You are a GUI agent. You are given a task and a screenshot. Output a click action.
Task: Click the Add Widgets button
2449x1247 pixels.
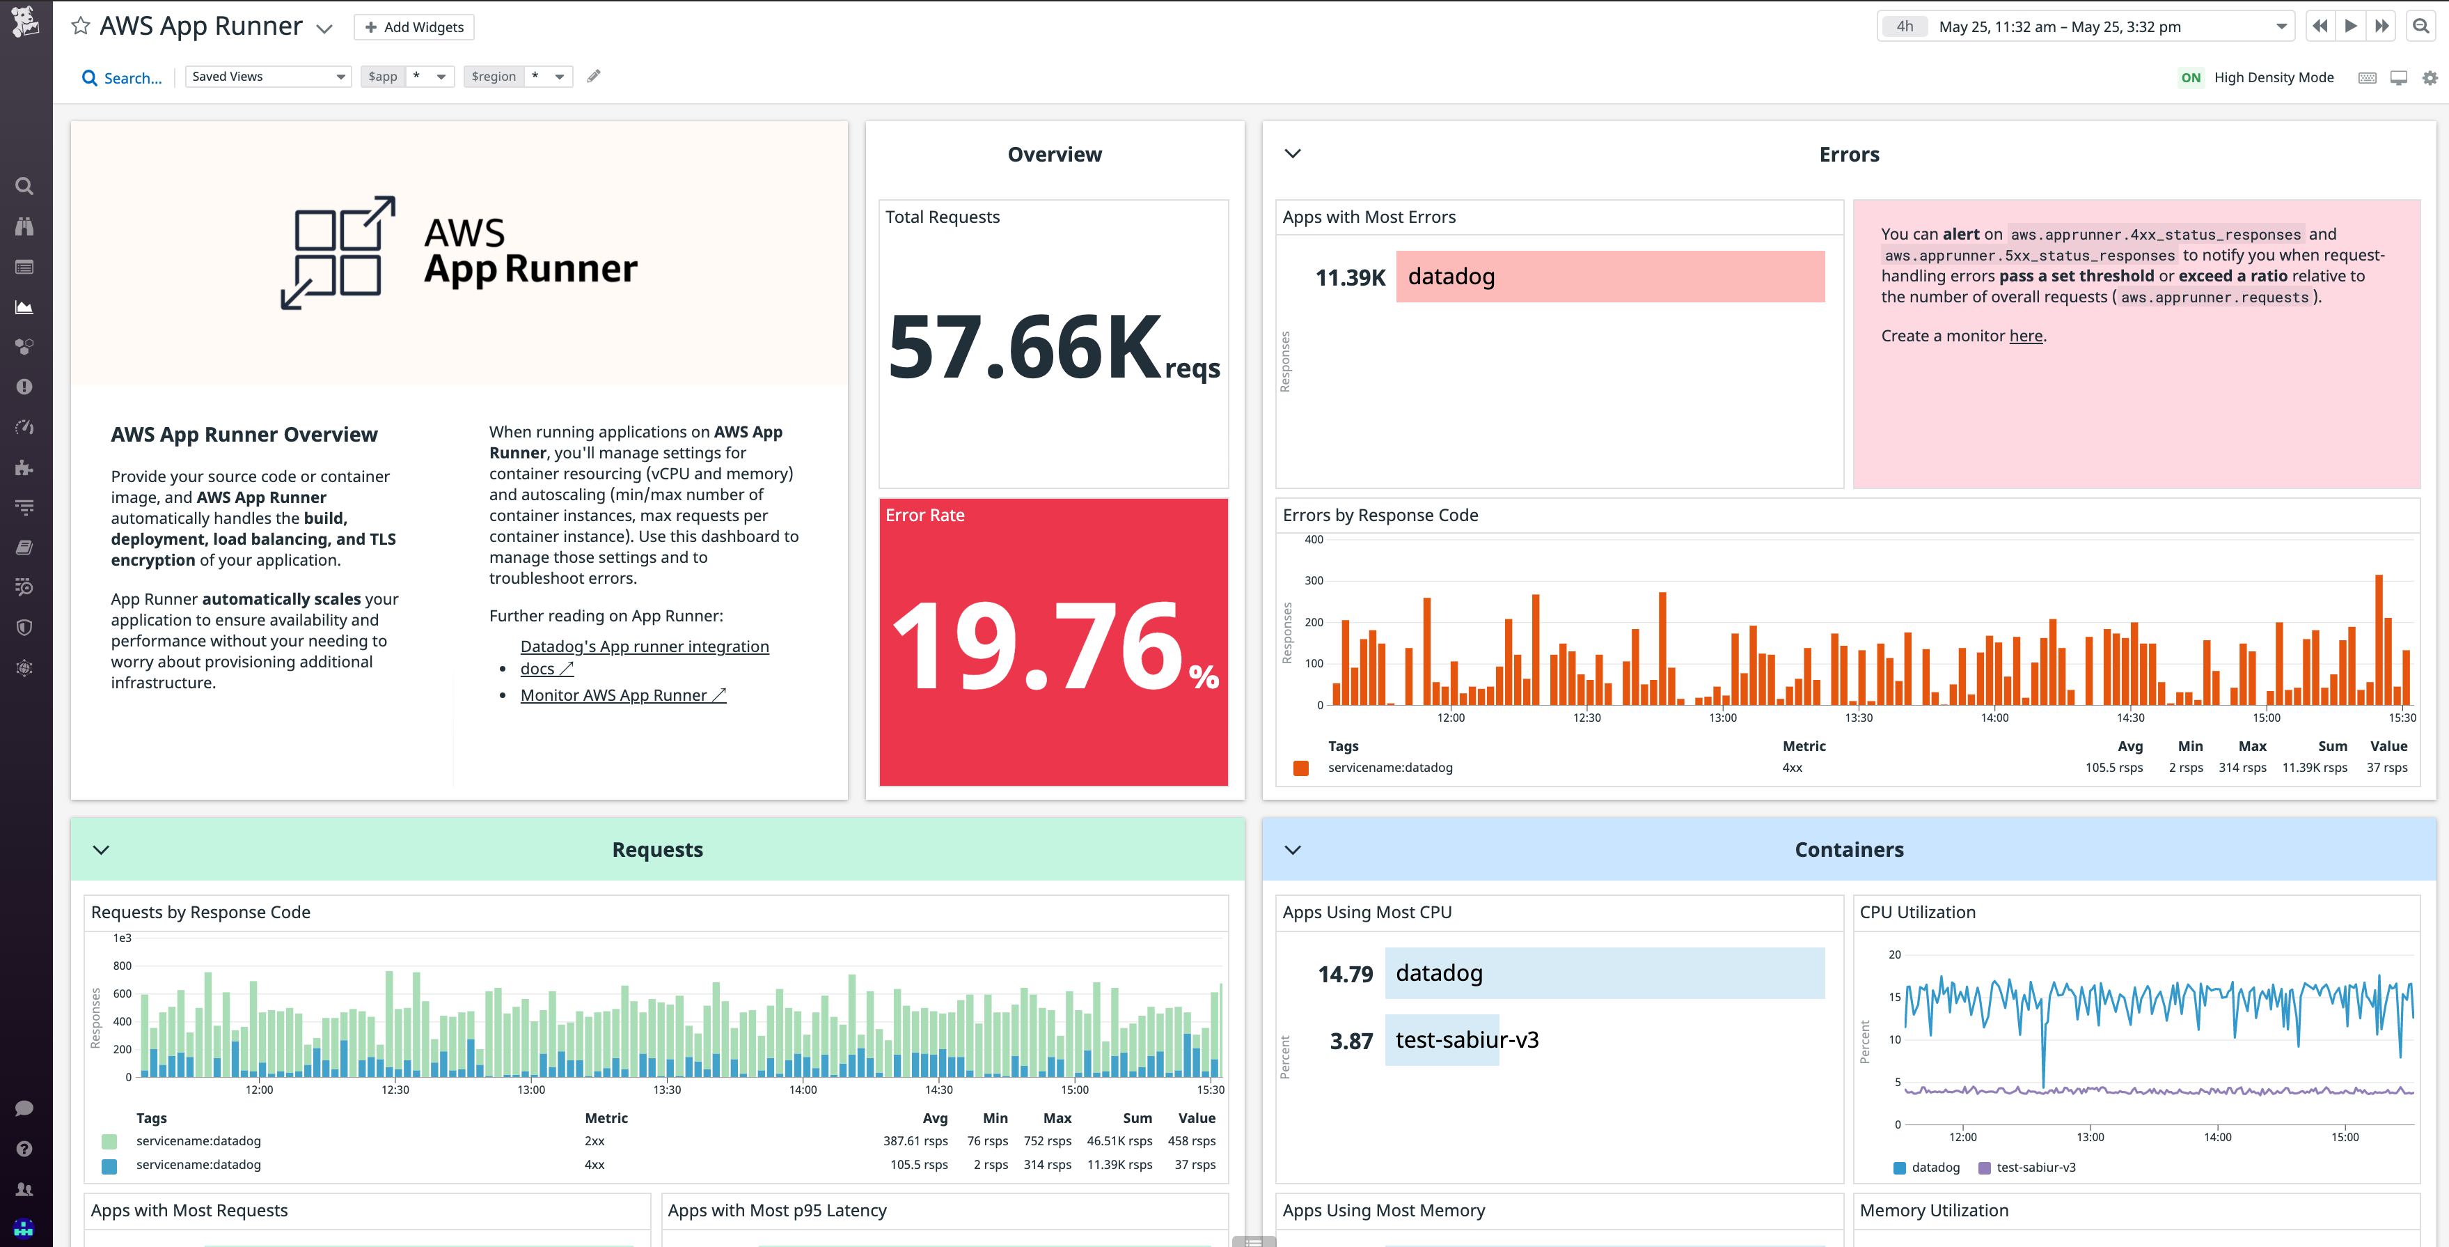pos(414,26)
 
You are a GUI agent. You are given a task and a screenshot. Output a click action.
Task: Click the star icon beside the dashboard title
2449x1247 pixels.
pos(81,26)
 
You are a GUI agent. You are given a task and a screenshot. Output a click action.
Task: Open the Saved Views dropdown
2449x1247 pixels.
pos(268,76)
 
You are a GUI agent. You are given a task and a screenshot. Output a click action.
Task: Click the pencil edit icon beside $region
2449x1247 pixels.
pos(593,76)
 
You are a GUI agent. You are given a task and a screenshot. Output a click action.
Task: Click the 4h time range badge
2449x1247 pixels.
pos(1904,26)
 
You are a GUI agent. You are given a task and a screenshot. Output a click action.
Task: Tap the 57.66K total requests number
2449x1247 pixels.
pos(1025,347)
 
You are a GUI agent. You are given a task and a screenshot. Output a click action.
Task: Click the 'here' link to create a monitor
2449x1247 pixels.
pos(2025,336)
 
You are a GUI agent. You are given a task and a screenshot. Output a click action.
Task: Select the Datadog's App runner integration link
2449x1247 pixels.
pos(644,646)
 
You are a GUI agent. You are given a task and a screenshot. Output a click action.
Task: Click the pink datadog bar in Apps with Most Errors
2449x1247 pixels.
pos(1609,277)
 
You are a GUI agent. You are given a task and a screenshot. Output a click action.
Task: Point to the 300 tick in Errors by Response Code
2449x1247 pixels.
pos(1314,580)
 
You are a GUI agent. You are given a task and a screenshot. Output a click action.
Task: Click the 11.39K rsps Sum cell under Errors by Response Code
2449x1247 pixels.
pos(2314,768)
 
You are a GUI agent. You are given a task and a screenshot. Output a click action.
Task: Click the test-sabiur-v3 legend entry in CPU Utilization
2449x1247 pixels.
pos(2035,1167)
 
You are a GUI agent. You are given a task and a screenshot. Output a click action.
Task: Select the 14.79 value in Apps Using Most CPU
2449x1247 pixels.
pos(1344,974)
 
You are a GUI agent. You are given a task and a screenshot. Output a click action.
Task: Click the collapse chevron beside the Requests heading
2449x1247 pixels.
pos(101,849)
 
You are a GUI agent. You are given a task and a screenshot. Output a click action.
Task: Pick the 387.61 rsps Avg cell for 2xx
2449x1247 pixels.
pos(915,1140)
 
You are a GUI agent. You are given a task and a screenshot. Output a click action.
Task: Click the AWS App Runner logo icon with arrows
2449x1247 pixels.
pos(338,252)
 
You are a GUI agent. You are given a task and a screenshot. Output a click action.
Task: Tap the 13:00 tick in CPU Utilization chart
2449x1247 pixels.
pos(2090,1137)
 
